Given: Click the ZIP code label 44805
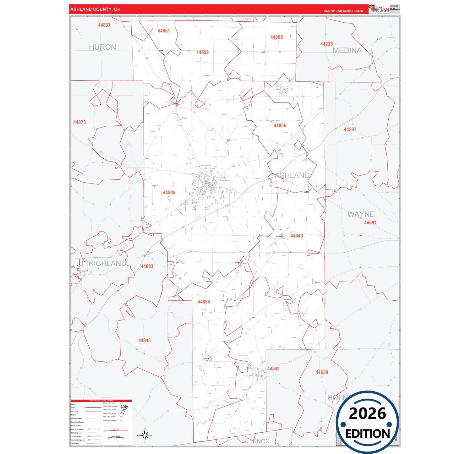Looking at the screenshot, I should [x=169, y=193].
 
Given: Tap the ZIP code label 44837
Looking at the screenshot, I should [x=104, y=25].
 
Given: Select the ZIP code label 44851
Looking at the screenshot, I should [x=164, y=31].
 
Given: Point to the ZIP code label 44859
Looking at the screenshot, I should [x=202, y=52].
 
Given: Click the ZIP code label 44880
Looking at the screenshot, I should [x=276, y=37].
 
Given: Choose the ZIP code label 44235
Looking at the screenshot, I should [x=326, y=44].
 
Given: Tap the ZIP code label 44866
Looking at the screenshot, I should [x=280, y=126].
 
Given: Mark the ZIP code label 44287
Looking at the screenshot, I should [x=350, y=129].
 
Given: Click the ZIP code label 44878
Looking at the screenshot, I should [x=79, y=122].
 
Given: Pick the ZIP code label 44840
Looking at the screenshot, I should [x=297, y=236].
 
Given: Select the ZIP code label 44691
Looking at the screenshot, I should [x=370, y=223].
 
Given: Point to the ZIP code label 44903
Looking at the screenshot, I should [x=147, y=266].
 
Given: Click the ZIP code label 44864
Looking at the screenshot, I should [x=204, y=302].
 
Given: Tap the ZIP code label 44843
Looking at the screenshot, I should [x=145, y=340].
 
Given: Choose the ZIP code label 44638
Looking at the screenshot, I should [x=322, y=372].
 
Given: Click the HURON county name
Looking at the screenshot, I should [x=102, y=47].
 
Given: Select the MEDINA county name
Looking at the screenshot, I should [x=347, y=50].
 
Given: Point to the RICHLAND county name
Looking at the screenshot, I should [x=107, y=264].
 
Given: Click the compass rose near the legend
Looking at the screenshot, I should [x=145, y=435].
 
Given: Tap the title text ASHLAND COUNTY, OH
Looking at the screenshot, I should [x=95, y=9].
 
